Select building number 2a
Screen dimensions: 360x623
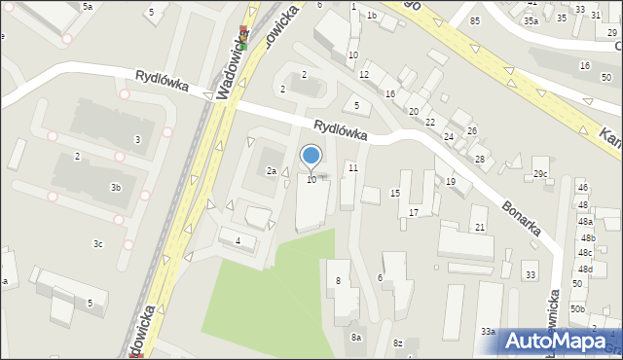pyautogui.click(x=273, y=171)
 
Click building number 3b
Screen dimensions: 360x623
pyautogui.click(x=115, y=187)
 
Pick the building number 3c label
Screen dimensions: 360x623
pyautogui.click(x=98, y=243)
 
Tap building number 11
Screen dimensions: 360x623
pyautogui.click(x=353, y=168)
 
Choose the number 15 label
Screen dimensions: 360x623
pyautogui.click(x=395, y=194)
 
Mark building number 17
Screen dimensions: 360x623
pyautogui.click(x=414, y=212)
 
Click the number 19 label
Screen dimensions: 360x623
pyautogui.click(x=451, y=182)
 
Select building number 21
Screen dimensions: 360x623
pyautogui.click(x=480, y=227)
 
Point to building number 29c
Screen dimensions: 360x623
pyautogui.click(x=540, y=174)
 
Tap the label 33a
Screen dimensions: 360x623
pyautogui.click(x=488, y=332)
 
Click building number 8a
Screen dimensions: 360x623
pyautogui.click(x=357, y=337)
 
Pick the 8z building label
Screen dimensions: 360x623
pyautogui.click(x=397, y=343)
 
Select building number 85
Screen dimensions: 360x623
pyautogui.click(x=475, y=20)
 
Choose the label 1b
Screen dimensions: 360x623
pyautogui.click(x=371, y=16)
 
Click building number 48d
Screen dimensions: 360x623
pyautogui.click(x=584, y=268)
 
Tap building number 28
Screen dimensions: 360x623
pyautogui.click(x=479, y=159)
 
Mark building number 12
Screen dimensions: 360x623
pyautogui.click(x=364, y=74)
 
